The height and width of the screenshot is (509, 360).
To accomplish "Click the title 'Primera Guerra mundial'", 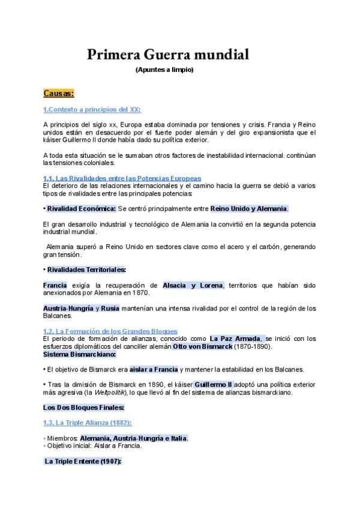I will [x=168, y=56].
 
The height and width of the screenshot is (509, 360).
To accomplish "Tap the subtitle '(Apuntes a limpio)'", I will [x=164, y=70].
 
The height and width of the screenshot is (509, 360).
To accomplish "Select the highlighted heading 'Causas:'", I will [x=58, y=93].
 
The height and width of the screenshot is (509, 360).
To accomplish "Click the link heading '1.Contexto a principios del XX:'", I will [x=92, y=109].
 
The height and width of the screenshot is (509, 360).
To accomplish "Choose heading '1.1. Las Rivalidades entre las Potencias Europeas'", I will [x=122, y=178].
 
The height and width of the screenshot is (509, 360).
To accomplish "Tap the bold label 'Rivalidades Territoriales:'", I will [x=86, y=270].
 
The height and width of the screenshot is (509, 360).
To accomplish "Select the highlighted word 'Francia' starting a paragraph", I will [x=55, y=285].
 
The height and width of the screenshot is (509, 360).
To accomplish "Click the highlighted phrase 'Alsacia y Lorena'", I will [x=193, y=285].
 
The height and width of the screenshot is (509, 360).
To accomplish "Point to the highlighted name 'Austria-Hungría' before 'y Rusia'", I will [x=68, y=308].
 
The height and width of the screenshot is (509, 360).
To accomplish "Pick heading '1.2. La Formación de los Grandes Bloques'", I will [x=110, y=331].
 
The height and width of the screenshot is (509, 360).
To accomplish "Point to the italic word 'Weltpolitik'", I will [x=109, y=392].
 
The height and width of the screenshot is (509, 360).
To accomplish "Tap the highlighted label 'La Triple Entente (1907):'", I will [x=83, y=461].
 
